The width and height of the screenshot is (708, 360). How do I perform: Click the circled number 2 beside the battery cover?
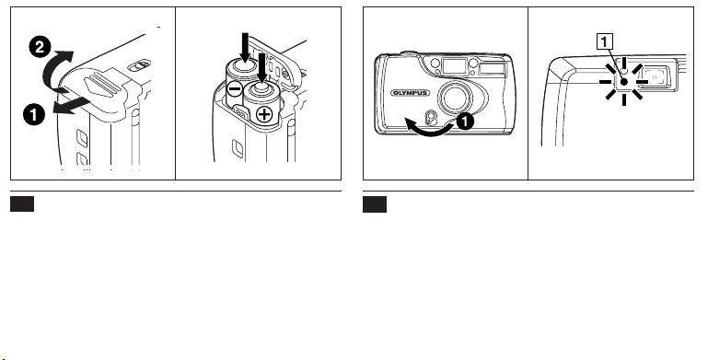(x=40, y=48)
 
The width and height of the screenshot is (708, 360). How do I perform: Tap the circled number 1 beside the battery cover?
(x=34, y=115)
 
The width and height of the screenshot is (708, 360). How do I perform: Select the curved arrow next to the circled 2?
(x=57, y=69)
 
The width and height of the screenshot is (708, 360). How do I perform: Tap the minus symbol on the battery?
(x=236, y=89)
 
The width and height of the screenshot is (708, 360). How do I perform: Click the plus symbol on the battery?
(x=264, y=115)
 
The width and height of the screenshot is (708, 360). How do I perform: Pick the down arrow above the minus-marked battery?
(x=245, y=48)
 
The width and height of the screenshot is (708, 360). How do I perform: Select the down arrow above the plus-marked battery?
(x=261, y=68)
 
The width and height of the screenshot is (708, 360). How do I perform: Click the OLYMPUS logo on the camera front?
(x=410, y=93)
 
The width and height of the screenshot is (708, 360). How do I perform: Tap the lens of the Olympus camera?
(x=455, y=98)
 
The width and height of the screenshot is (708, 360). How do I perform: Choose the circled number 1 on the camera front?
(x=466, y=122)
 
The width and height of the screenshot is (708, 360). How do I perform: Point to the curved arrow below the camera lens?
(x=429, y=128)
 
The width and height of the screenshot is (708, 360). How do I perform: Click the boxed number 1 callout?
(x=605, y=42)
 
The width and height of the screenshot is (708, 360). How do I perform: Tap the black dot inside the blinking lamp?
(x=624, y=82)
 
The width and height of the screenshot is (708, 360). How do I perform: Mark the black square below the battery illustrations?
(x=22, y=203)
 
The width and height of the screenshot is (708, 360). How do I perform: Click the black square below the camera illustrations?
(x=375, y=204)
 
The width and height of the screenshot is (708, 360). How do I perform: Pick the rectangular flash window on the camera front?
(x=493, y=68)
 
